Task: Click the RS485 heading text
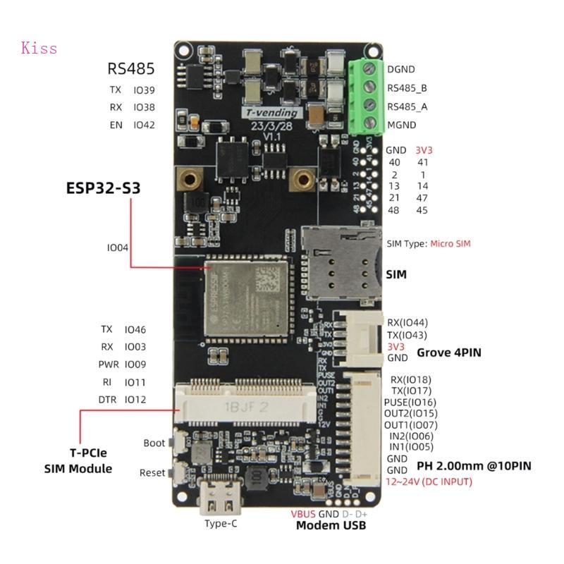click(x=130, y=68)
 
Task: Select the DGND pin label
click(x=400, y=69)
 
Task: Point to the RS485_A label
click(x=407, y=107)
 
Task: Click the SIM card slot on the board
click(x=336, y=262)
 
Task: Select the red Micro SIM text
click(x=450, y=244)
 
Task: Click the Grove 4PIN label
click(x=449, y=352)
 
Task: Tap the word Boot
click(x=154, y=443)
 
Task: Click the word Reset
click(x=152, y=473)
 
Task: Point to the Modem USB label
click(x=330, y=525)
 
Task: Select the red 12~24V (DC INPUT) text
click(x=429, y=482)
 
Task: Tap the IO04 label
click(x=118, y=247)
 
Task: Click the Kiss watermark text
click(x=39, y=49)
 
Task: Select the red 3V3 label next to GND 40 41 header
click(x=425, y=149)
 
